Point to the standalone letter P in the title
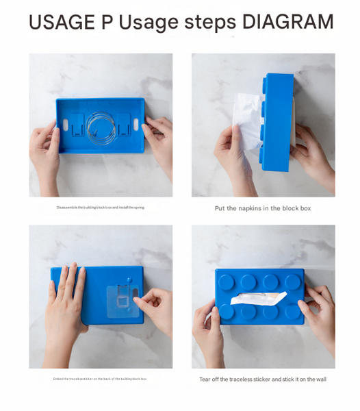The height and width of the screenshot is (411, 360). pyautogui.click(x=107, y=23)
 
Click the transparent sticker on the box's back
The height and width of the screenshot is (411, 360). pyautogui.click(x=120, y=297)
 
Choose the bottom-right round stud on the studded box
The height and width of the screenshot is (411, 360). pyautogui.click(x=292, y=312)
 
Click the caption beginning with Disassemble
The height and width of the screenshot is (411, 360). pyautogui.click(x=101, y=207)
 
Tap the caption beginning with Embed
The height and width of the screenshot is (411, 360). pyautogui.click(x=100, y=378)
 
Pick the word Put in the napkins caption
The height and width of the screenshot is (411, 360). pyautogui.click(x=220, y=208)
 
